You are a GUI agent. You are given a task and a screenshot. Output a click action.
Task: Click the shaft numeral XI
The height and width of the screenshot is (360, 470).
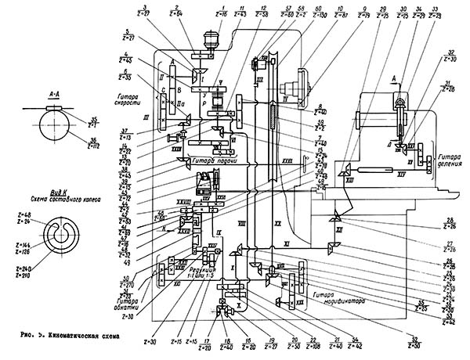(x=287, y=245)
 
